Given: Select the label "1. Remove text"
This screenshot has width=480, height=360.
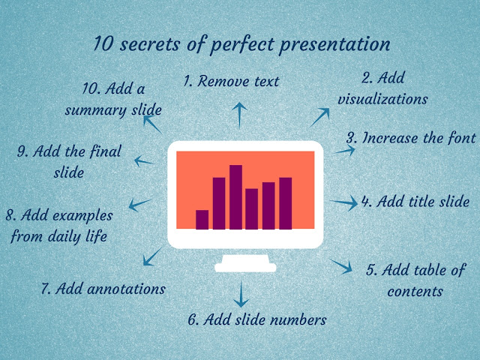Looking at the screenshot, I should pos(231,81).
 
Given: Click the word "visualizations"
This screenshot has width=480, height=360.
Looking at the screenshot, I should pos(382,99).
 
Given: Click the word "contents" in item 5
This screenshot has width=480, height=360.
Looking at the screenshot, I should pos(415,291).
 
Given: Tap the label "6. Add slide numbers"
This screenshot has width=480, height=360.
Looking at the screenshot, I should pos(257,319).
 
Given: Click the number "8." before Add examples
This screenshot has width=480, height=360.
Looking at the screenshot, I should pos(11,215).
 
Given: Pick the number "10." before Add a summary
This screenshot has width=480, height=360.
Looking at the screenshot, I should pos(93,88).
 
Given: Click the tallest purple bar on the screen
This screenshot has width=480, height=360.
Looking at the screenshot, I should pos(235,196).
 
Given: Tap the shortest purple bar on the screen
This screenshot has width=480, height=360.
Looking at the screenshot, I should pos(202,219).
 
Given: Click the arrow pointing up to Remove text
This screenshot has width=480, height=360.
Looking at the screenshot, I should pos(239,115).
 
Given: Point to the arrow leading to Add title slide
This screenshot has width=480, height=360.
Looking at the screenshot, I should pos(344,202).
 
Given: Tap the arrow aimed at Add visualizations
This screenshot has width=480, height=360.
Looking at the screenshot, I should pos(320,115).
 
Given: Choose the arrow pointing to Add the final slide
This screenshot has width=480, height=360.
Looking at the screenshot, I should pos(145,160).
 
